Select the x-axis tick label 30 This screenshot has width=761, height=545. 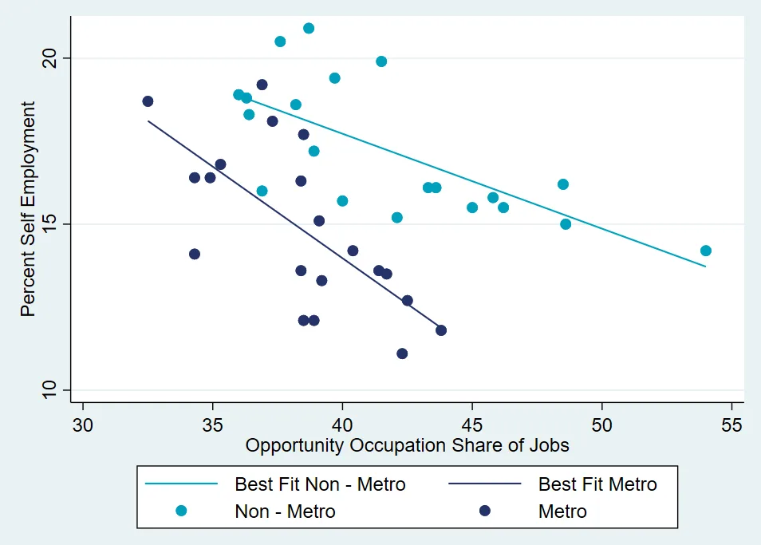[x=83, y=423]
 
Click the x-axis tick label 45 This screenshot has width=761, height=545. [x=472, y=423]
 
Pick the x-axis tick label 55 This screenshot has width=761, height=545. [x=731, y=423]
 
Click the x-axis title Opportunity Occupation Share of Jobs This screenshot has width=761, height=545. [x=407, y=445]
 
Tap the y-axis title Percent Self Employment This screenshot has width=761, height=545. [x=28, y=209]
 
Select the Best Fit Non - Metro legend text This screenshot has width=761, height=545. [x=320, y=484]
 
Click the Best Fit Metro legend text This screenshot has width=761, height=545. [x=597, y=484]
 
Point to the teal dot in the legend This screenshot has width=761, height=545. [x=181, y=511]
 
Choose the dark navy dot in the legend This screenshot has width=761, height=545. [x=484, y=511]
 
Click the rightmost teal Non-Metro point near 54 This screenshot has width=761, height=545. [x=705, y=251]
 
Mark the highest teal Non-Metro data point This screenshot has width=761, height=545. [x=309, y=29]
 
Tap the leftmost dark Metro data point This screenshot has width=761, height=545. [x=148, y=101]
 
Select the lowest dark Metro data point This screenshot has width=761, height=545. [x=402, y=353]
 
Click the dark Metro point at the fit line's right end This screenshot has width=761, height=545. [x=441, y=330]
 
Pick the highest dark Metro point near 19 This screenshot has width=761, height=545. [x=262, y=85]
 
